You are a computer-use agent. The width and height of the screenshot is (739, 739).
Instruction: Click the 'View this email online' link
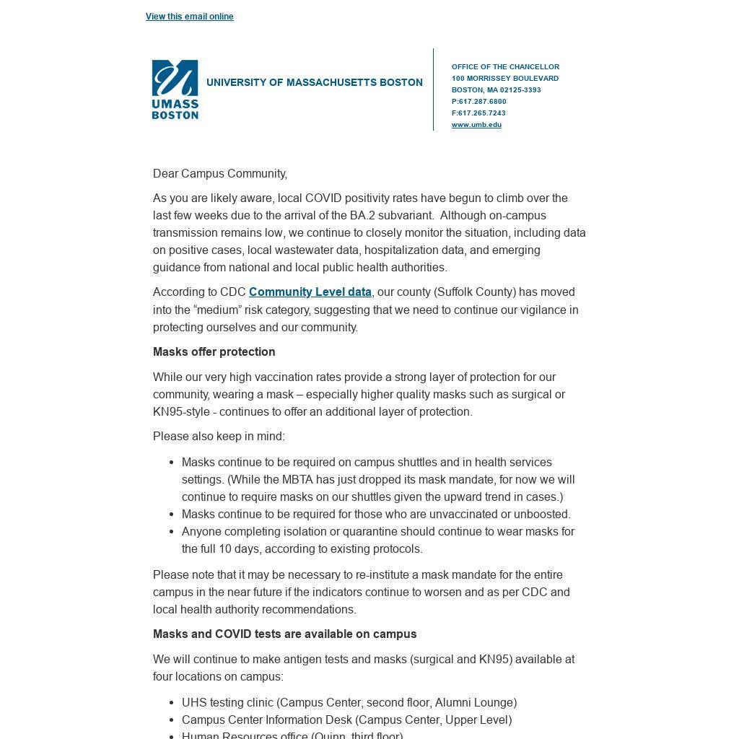tap(189, 17)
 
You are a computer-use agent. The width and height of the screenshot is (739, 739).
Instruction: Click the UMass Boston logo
tap(175, 89)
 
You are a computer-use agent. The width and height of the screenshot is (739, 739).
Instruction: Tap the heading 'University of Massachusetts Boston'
tap(314, 83)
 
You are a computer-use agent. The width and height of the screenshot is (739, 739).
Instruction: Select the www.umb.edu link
tap(476, 125)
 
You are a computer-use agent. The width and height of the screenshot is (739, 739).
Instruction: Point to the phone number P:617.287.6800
tap(479, 102)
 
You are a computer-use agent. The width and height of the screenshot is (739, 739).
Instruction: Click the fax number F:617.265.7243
tap(478, 113)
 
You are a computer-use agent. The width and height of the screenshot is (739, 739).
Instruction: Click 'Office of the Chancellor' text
tap(505, 67)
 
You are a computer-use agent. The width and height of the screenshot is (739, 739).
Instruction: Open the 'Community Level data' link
tap(310, 292)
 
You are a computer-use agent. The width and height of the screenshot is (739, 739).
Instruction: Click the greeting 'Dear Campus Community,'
tap(220, 174)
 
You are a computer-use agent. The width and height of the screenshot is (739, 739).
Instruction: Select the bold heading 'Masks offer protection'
tap(214, 352)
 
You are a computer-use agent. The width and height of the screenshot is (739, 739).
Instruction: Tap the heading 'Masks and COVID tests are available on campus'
tap(284, 634)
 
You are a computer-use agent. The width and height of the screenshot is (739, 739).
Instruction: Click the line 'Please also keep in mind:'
tap(219, 437)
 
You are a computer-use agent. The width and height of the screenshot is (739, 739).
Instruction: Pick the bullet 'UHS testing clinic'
tap(349, 703)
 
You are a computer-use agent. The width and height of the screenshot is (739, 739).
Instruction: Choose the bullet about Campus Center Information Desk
tap(346, 720)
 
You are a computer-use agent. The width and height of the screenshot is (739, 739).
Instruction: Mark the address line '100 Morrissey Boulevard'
tap(505, 79)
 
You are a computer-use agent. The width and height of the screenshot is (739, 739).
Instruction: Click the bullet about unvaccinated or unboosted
tap(376, 515)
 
